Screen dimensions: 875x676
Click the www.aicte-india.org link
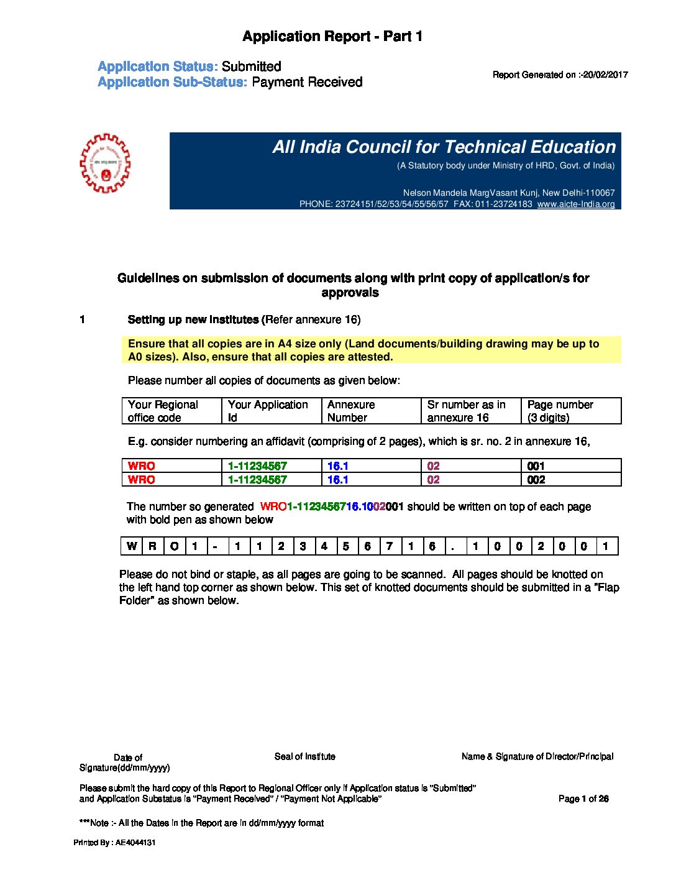pyautogui.click(x=576, y=204)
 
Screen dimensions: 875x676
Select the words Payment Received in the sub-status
pyautogui.click(x=307, y=82)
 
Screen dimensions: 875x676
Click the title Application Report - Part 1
pyautogui.click(x=332, y=37)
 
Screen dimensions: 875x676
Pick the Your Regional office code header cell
pyautogui.click(x=171, y=411)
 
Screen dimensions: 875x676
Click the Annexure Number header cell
pyautogui.click(x=371, y=411)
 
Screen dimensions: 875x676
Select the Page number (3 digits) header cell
pyautogui.click(x=570, y=411)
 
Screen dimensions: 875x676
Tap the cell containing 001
pyautogui.click(x=570, y=465)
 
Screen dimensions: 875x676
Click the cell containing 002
pyautogui.click(x=570, y=479)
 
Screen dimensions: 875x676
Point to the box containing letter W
pyautogui.click(x=131, y=546)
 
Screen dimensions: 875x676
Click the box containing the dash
pyautogui.click(x=215, y=546)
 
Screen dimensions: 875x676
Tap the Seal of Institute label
pyautogui.click(x=305, y=756)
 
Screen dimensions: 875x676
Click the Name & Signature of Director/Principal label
pyautogui.click(x=537, y=756)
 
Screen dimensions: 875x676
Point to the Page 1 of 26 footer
pyautogui.click(x=583, y=799)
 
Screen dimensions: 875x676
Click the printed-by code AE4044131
pyautogui.click(x=135, y=843)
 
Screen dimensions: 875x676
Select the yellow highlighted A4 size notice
pyautogui.click(x=371, y=350)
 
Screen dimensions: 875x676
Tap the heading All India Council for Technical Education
pyautogui.click(x=444, y=147)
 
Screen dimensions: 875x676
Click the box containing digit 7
pyautogui.click(x=389, y=546)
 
